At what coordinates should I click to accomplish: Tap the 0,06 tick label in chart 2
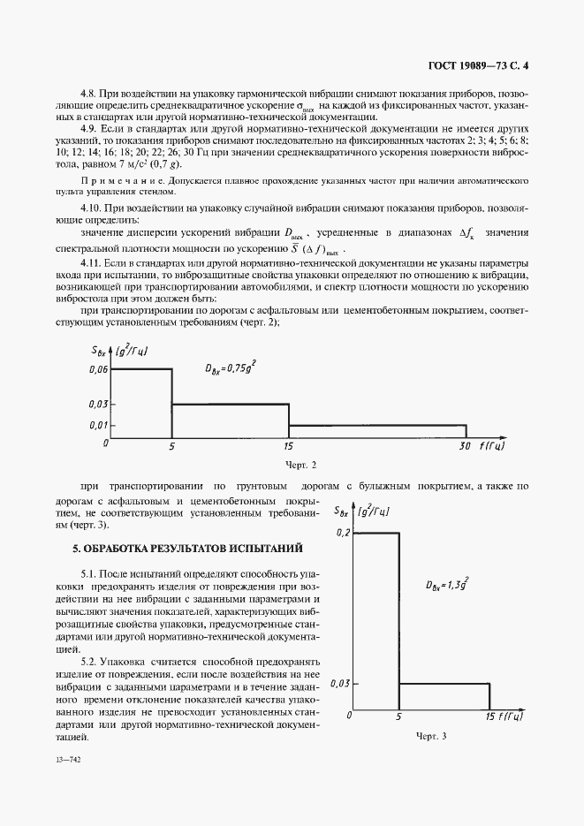(98, 369)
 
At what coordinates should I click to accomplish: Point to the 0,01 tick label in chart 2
(98, 425)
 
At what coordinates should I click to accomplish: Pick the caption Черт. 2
(300, 465)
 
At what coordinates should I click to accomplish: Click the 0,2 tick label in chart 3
(344, 533)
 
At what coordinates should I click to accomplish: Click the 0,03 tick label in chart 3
(341, 683)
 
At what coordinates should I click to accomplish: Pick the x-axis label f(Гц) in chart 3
(510, 716)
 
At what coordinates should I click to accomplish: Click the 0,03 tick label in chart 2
(98, 404)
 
